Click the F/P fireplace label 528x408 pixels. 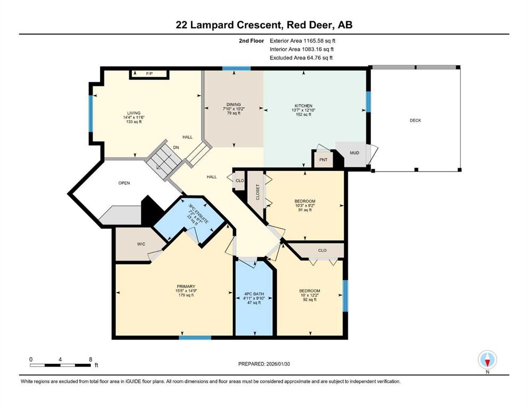click(149, 73)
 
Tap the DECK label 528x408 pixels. click(415, 121)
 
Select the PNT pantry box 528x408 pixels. click(323, 159)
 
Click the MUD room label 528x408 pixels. click(354, 152)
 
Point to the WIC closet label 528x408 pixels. click(141, 244)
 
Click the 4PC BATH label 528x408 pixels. click(254, 294)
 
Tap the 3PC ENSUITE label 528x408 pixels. click(198, 214)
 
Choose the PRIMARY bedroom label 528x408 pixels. click(186, 286)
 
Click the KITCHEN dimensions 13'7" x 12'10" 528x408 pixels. click(304, 110)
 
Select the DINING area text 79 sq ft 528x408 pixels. click(234, 113)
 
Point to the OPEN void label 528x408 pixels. click(124, 183)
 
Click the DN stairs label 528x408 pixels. click(176, 147)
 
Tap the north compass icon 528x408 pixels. click(487, 360)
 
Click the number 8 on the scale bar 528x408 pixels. click(90, 359)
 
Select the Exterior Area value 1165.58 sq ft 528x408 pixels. click(319, 41)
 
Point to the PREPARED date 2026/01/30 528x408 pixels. click(278, 364)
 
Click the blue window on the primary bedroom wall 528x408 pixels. click(195, 337)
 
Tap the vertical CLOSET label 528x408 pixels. click(257, 192)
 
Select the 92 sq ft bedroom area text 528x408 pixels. click(309, 299)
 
